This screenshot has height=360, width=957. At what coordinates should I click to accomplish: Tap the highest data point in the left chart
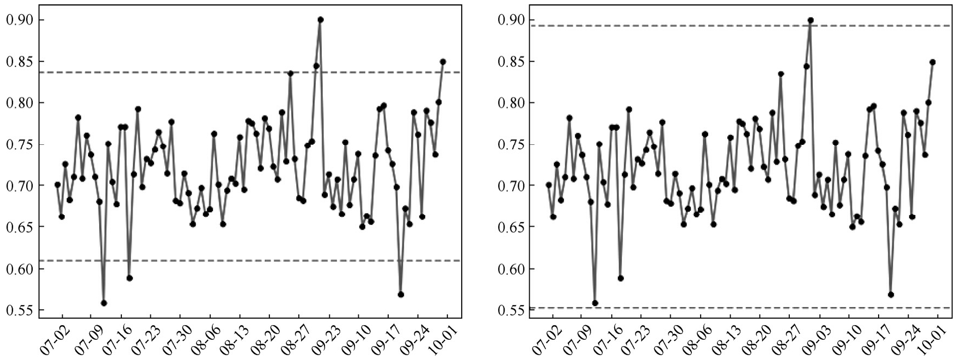point(321,20)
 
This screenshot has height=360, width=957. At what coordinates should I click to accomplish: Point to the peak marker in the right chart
point(811,20)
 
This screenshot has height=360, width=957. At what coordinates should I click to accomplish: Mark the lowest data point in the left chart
point(104,303)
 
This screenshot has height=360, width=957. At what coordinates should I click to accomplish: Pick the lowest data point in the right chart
point(595,303)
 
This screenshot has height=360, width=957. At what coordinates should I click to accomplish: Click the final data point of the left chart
point(443,62)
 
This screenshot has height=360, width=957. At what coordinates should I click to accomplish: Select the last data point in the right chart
point(933,62)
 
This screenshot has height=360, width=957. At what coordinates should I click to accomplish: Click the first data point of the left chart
point(58,185)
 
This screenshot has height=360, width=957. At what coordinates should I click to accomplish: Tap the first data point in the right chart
point(549,185)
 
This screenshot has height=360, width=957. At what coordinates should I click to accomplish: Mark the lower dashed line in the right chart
point(735,308)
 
